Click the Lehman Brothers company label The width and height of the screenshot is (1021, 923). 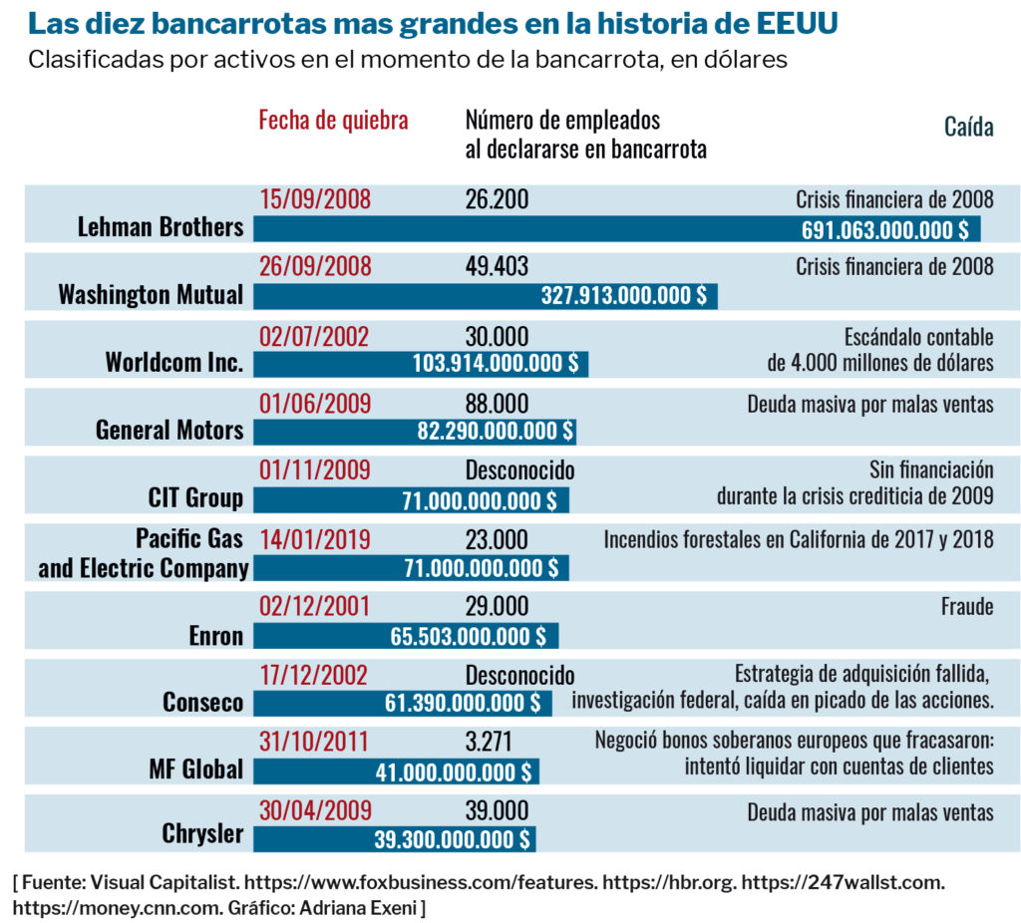tap(161, 227)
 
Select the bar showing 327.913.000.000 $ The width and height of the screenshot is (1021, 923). tap(485, 295)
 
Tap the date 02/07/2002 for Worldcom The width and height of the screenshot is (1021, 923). tap(314, 336)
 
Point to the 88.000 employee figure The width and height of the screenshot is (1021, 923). tap(497, 404)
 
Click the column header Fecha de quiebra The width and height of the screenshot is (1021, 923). tap(333, 121)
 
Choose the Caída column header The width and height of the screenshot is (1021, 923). tap(968, 128)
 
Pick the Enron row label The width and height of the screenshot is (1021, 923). tap(215, 635)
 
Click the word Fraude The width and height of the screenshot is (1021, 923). tap(966, 606)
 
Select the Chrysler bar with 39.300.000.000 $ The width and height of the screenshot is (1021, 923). tap(394, 838)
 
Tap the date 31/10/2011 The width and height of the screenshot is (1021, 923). tap(314, 742)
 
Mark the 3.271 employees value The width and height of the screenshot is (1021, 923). tap(490, 742)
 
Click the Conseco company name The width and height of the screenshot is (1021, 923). tap(202, 703)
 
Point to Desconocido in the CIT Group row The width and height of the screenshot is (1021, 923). tap(519, 470)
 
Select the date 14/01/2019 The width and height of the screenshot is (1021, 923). tap(314, 539)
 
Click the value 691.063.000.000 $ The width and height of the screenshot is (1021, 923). tap(884, 229)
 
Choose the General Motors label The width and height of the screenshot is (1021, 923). tap(170, 431)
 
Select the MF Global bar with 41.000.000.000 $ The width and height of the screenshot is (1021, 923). tap(395, 770)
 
